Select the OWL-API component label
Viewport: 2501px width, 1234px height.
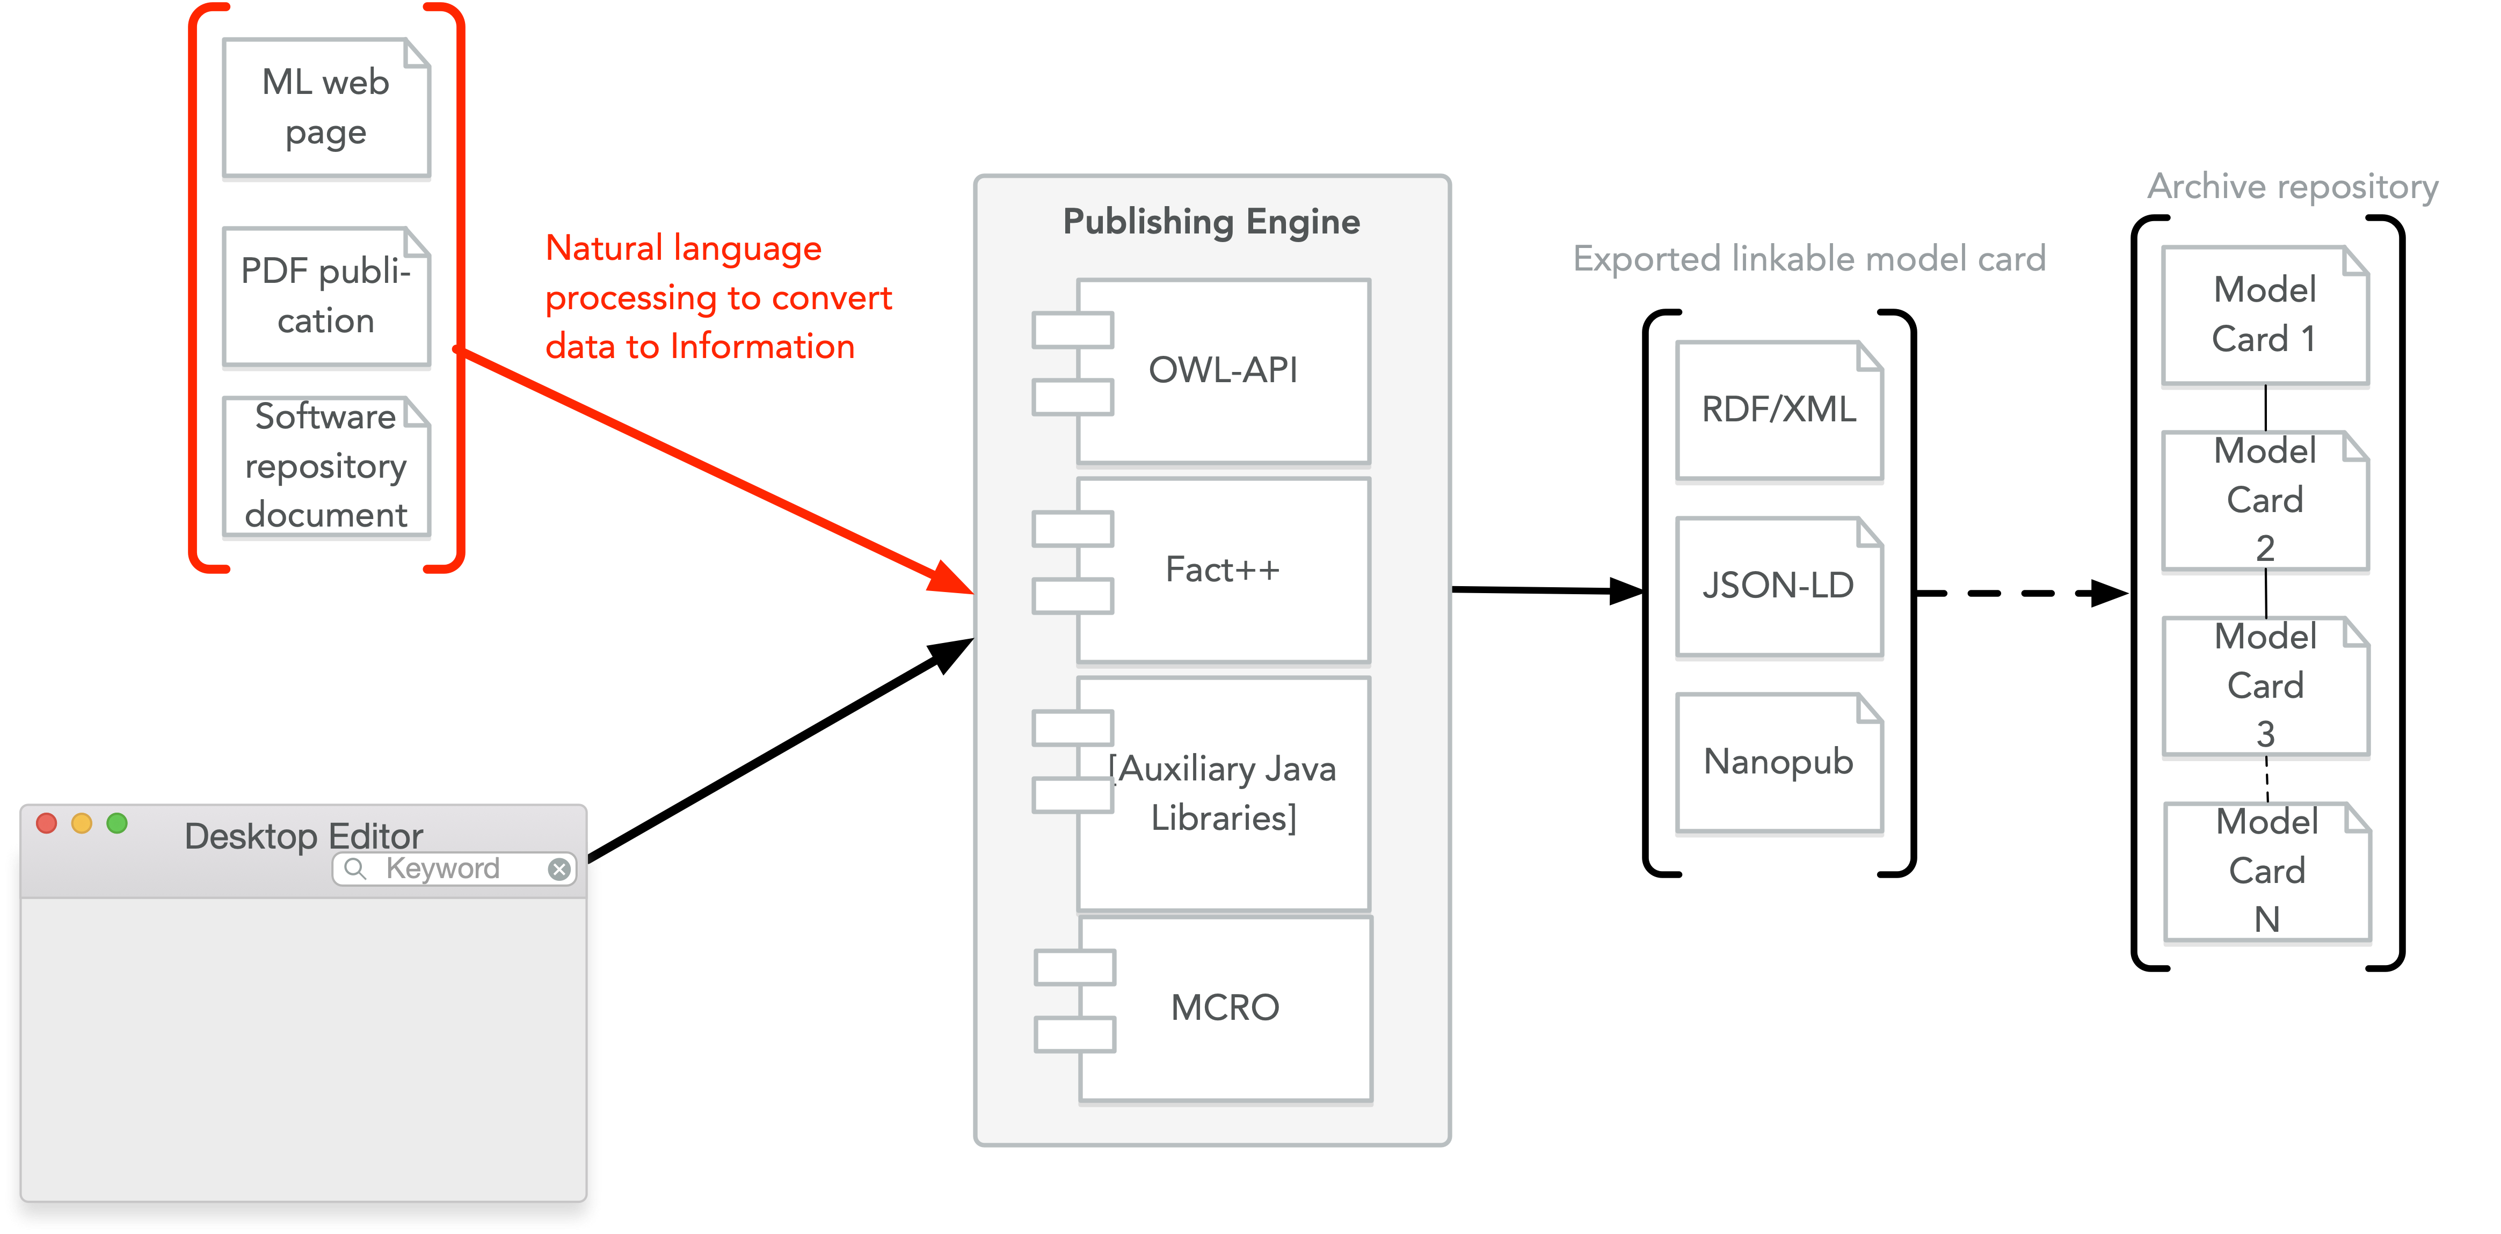[x=1223, y=370]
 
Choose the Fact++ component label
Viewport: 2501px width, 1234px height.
[x=1223, y=569]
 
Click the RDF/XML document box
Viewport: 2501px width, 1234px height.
[x=1779, y=410]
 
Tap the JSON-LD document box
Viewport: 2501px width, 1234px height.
[x=1779, y=586]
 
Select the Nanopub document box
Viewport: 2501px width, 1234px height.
[x=1779, y=762]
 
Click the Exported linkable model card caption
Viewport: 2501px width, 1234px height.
[x=1809, y=258]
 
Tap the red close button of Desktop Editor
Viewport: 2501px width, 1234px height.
[x=46, y=823]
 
